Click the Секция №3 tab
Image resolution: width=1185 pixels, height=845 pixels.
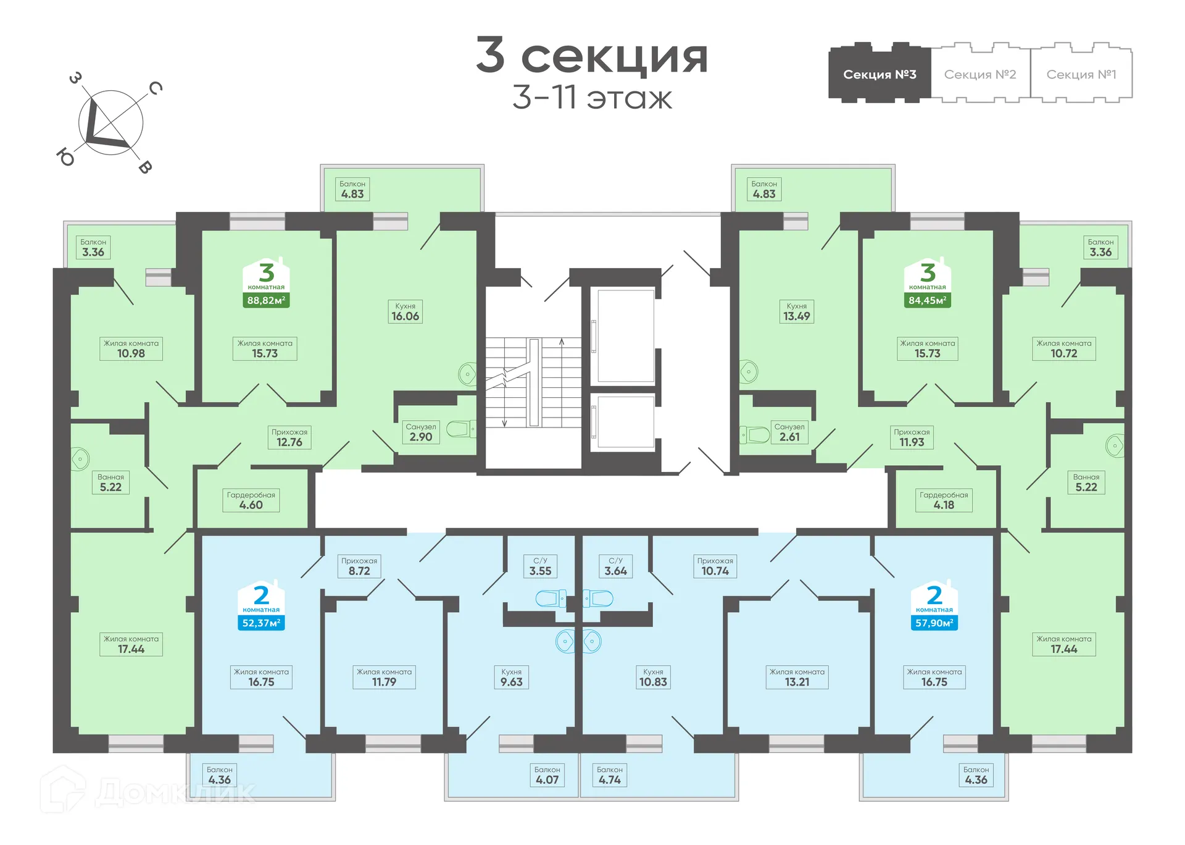click(879, 74)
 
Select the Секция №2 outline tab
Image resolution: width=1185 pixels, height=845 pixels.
click(979, 74)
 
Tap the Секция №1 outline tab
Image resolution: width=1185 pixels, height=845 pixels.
click(1081, 74)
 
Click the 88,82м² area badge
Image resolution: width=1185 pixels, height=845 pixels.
click(266, 301)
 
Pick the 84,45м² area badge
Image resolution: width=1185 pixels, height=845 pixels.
click(927, 301)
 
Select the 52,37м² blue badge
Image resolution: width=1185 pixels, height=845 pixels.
click(261, 623)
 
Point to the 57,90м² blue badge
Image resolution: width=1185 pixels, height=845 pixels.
click(934, 623)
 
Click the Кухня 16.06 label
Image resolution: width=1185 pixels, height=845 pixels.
click(405, 312)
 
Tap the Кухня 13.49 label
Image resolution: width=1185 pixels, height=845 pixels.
click(796, 312)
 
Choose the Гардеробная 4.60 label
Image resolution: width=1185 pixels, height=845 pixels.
click(251, 500)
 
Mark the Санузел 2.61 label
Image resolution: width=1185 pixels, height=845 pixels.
click(789, 432)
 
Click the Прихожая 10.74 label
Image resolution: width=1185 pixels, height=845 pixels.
click(715, 566)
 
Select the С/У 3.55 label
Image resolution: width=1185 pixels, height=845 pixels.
click(540, 566)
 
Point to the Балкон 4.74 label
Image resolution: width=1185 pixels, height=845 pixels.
click(610, 775)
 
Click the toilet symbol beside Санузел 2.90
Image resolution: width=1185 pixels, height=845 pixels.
click(459, 429)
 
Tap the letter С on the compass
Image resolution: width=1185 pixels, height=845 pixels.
click(156, 88)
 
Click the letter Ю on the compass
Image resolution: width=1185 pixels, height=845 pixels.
click(65, 157)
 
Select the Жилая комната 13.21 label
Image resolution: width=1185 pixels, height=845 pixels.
click(797, 678)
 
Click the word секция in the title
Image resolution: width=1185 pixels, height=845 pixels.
click(614, 57)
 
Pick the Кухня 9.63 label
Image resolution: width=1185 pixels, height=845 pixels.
click(511, 678)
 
